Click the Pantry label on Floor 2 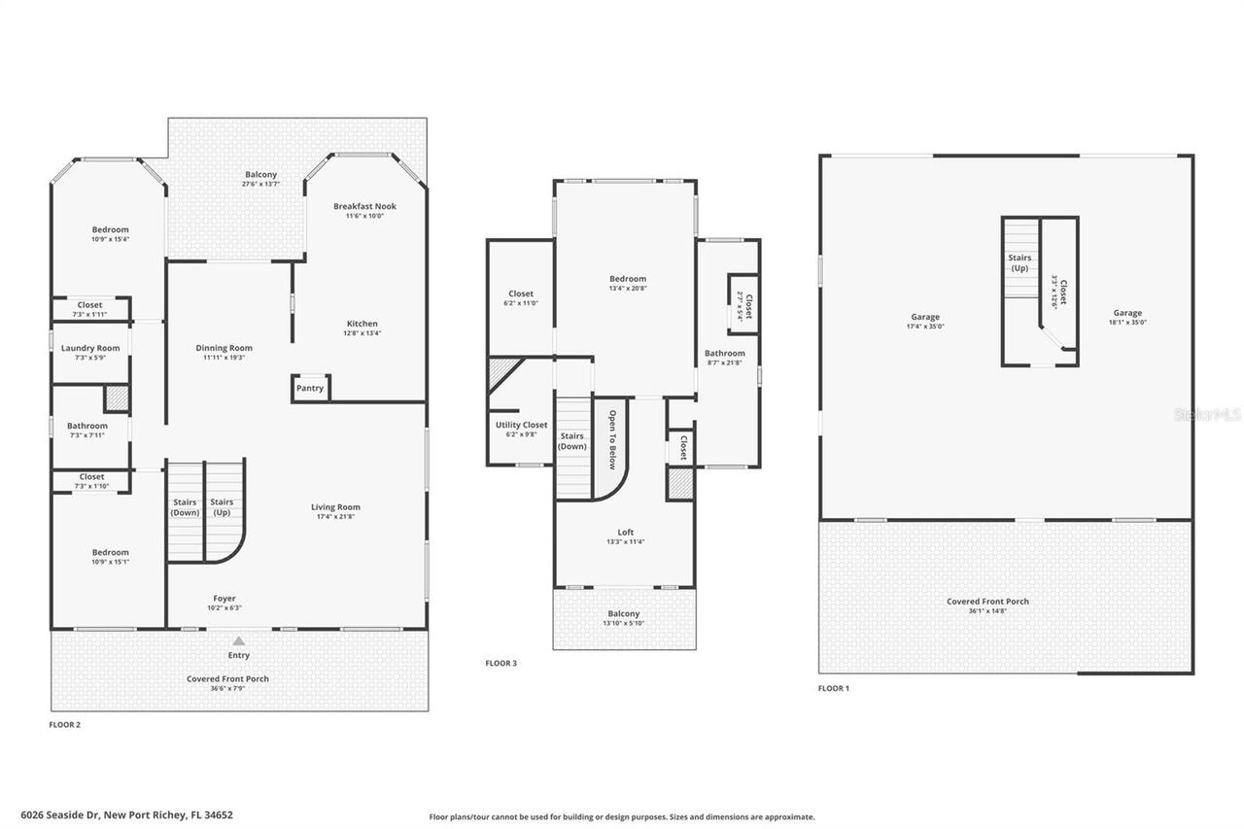tap(310, 388)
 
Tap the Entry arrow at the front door tap(239, 641)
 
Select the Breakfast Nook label tap(364, 206)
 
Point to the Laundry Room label tap(90, 348)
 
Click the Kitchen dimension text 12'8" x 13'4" tap(363, 333)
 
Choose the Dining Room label tap(225, 348)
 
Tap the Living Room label tap(335, 507)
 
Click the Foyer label tap(225, 599)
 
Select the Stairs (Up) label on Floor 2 tap(223, 507)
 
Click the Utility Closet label tap(521, 425)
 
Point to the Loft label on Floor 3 tap(625, 533)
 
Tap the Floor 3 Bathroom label tap(725, 354)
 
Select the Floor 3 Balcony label tap(624, 613)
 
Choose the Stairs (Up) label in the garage tap(1019, 262)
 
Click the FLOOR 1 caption tap(833, 688)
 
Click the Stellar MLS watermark tap(1208, 414)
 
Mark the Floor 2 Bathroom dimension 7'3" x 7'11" tap(87, 435)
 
